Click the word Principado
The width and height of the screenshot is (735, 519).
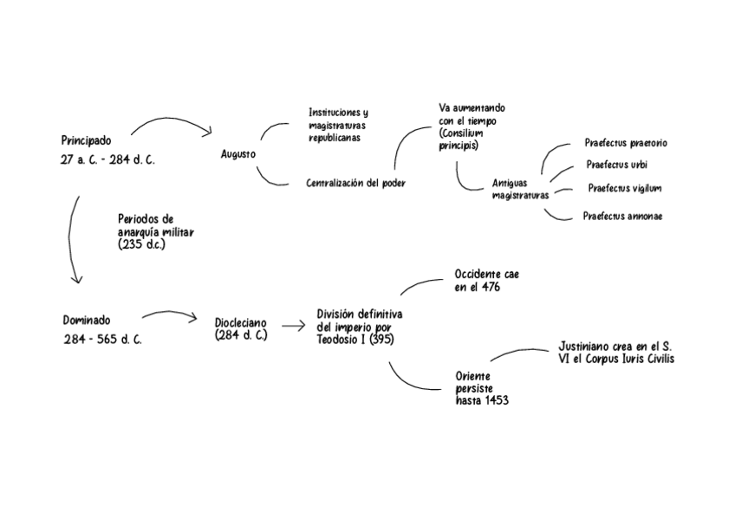tap(86, 140)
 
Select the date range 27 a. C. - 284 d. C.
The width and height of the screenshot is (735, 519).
tap(107, 160)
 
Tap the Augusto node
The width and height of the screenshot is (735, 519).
tap(238, 154)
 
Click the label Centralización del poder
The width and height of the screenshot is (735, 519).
tap(355, 183)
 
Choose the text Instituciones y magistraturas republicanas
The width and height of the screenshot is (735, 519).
tap(338, 125)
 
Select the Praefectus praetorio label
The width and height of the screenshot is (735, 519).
tap(626, 143)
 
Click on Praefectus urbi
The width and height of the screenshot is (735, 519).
tap(616, 165)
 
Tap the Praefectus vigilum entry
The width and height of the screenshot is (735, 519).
tap(625, 188)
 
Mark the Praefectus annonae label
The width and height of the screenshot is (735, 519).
tap(622, 216)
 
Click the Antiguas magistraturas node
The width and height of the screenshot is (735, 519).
tap(520, 189)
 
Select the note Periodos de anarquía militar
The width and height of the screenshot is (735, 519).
tap(156, 232)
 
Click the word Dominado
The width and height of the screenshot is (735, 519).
tap(87, 320)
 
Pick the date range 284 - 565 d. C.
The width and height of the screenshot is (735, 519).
tap(102, 340)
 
